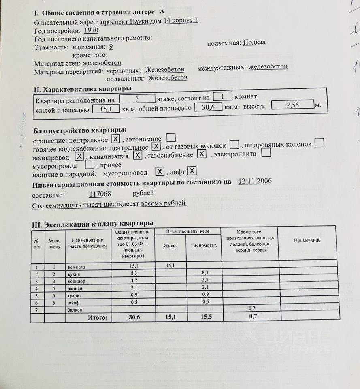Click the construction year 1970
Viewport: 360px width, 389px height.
(91, 30)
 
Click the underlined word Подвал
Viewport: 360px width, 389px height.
(254, 42)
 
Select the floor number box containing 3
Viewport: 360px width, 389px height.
(137, 98)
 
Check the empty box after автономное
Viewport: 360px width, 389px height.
(171, 138)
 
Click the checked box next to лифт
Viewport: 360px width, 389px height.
(192, 171)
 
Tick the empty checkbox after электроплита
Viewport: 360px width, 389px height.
(266, 153)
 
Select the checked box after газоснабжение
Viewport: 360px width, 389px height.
(202, 154)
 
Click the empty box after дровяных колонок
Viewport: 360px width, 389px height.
(319, 143)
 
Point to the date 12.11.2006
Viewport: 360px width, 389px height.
(255, 181)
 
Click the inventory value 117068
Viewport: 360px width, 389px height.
(100, 194)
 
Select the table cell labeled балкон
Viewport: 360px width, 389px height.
(76, 310)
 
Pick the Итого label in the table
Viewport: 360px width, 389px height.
(98, 318)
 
